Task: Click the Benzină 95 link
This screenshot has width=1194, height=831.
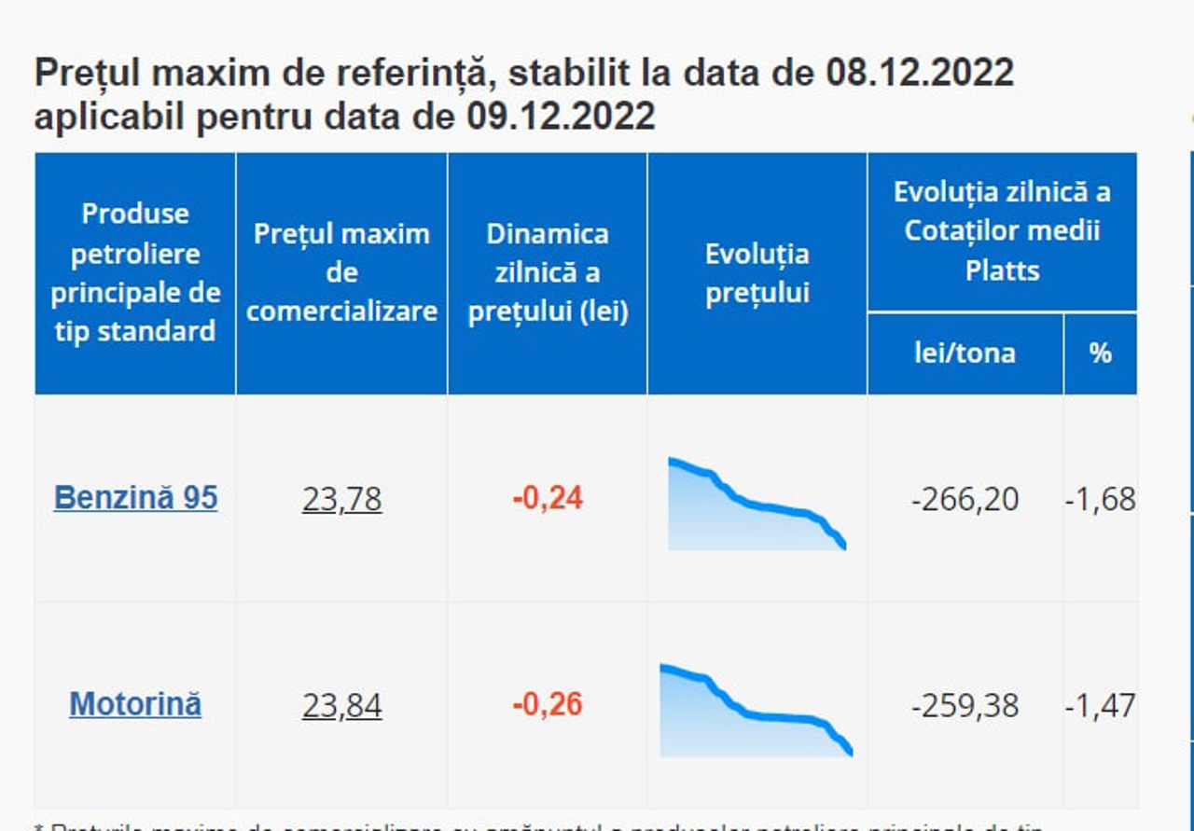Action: pos(135,497)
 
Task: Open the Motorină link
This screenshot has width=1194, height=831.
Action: pos(135,703)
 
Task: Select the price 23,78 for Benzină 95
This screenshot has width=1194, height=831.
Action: pos(341,499)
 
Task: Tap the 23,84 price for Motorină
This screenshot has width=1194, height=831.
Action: pos(341,705)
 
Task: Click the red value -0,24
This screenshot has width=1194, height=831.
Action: pos(548,498)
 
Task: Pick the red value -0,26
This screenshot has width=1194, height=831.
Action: pos(548,704)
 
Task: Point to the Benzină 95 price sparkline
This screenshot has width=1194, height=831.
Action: pos(756,505)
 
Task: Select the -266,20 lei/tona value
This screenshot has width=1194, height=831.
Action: pos(965,499)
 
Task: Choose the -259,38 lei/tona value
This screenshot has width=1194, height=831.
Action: pos(965,705)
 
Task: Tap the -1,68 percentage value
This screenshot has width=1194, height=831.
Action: pos(1101,499)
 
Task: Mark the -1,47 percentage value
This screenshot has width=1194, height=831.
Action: pos(1101,705)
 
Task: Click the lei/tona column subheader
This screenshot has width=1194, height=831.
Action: pos(965,353)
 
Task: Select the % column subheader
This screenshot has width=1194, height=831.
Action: pos(1101,353)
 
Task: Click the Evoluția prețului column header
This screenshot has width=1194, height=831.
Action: pos(757,273)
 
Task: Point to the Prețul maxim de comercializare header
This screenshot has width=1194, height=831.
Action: pos(341,271)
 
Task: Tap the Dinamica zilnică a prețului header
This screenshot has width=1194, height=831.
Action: pos(548,272)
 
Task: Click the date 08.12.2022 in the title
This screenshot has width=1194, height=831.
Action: pos(920,72)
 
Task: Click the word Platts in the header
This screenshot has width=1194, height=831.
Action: pos(1002,270)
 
